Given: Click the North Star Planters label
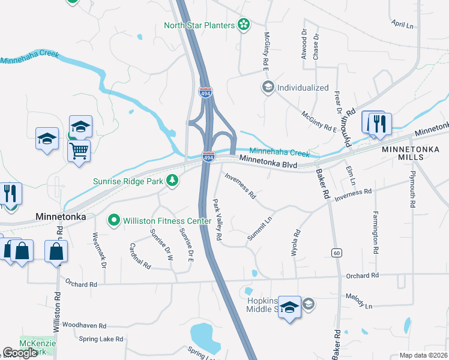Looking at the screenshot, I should click(199, 25).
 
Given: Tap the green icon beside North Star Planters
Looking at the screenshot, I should click(244, 25).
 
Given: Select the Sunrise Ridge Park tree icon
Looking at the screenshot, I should click(172, 181).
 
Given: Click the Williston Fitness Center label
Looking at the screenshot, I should click(167, 221).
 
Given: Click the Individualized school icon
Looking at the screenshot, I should click(268, 88).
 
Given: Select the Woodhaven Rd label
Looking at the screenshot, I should click(84, 325).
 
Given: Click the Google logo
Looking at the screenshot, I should click(20, 353).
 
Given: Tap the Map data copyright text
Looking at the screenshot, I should click(423, 355).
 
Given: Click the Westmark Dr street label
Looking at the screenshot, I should click(98, 250).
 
